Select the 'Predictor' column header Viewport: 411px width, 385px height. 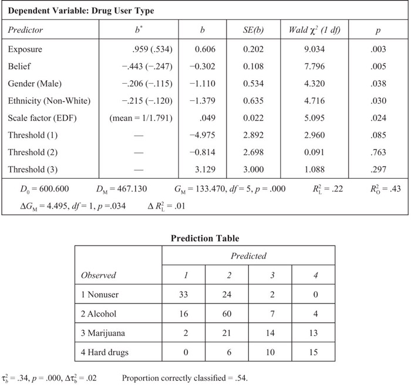click(x=26, y=29)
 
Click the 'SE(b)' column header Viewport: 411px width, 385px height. click(x=255, y=29)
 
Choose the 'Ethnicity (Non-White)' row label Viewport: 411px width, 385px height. click(x=49, y=101)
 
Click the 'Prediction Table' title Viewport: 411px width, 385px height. click(x=204, y=239)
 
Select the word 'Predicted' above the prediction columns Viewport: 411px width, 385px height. click(x=248, y=255)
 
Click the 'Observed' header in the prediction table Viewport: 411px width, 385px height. click(x=99, y=274)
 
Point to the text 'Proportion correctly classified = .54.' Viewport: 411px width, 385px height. click(x=184, y=377)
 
